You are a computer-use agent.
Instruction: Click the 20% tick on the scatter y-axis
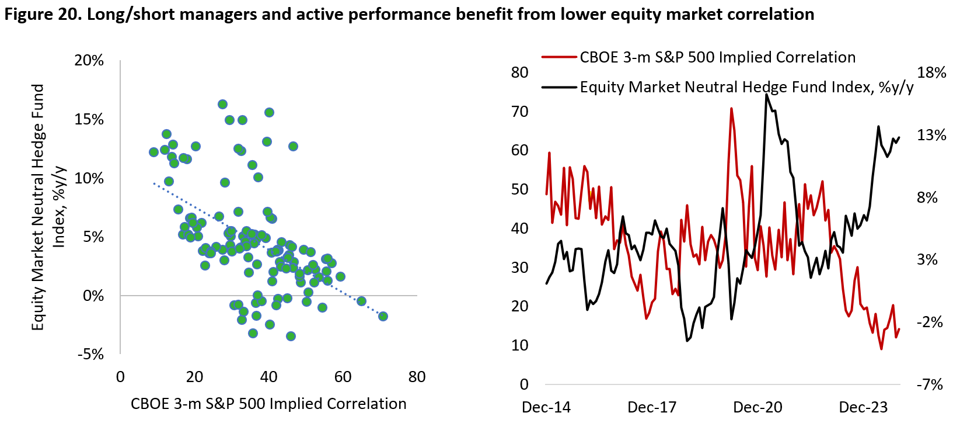89,61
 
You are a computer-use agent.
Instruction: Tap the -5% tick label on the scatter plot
90,355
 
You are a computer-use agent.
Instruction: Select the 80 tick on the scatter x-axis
417,377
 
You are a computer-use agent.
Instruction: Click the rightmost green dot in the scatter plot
383,316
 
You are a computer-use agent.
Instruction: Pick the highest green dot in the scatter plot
223,104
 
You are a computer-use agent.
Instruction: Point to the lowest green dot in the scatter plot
291,336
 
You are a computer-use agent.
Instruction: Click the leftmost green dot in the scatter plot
153,152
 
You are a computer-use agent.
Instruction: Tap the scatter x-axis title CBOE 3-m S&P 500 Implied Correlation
268,404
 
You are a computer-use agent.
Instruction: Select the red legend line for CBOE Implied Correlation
559,57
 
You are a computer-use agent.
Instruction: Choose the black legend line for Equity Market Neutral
559,87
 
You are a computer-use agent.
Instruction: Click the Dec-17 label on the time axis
652,407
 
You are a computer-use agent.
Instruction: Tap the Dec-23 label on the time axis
863,407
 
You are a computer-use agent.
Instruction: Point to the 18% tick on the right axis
931,72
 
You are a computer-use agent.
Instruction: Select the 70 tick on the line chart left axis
520,112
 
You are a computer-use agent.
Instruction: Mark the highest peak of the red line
731,109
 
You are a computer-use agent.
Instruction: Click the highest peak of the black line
766,94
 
